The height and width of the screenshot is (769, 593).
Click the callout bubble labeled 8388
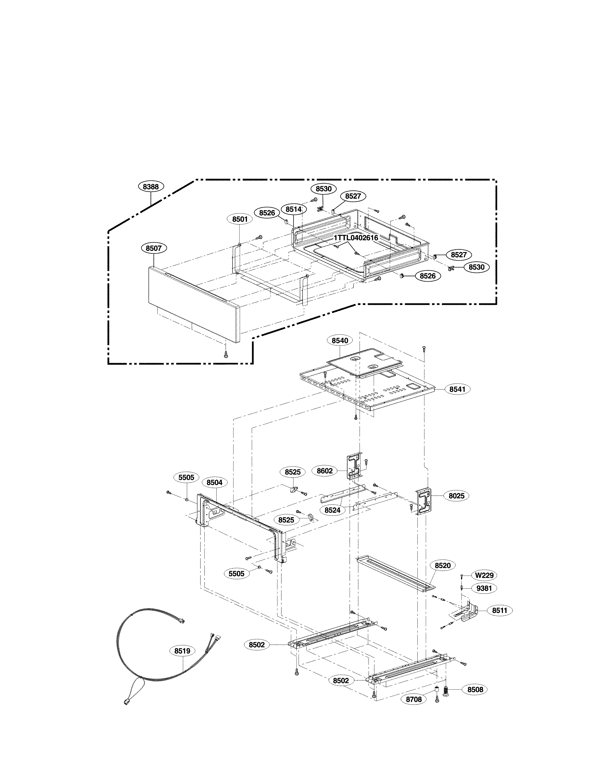tap(150, 187)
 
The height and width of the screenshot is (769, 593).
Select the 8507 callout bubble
tap(154, 248)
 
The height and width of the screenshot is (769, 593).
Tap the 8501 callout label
tap(240, 219)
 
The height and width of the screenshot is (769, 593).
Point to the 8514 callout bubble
tap(293, 209)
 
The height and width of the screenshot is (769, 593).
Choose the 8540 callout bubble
tap(340, 341)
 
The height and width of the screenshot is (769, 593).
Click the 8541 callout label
tap(457, 389)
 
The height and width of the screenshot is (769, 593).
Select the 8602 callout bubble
tap(325, 471)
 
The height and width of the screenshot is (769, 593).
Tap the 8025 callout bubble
tap(456, 496)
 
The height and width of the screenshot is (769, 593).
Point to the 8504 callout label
tap(215, 482)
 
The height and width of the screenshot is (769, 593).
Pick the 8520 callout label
tap(443, 566)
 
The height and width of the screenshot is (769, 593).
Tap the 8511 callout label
tap(500, 610)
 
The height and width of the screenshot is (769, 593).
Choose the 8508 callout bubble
tap(475, 690)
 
